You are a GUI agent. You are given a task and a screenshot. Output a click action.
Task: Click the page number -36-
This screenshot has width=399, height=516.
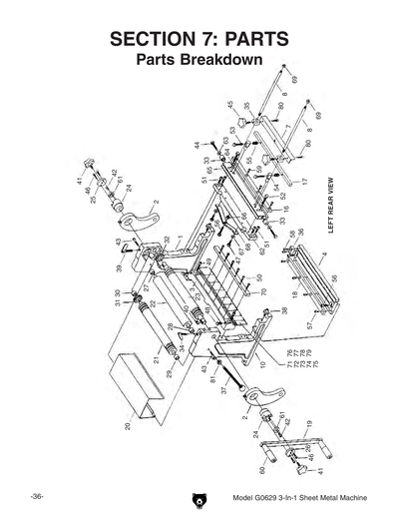[x=35, y=497]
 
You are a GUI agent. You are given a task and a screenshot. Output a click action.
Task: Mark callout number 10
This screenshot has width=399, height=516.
[x=263, y=365]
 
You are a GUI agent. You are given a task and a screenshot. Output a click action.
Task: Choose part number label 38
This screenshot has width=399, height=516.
[x=285, y=311]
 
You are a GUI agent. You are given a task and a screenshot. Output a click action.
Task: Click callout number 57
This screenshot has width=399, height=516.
[x=310, y=325]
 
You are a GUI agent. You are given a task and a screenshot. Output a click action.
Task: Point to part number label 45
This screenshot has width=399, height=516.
[x=230, y=105]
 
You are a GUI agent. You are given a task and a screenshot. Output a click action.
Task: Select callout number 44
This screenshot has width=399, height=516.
[x=198, y=146]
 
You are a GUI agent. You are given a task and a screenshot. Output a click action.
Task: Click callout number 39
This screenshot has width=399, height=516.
[x=119, y=268]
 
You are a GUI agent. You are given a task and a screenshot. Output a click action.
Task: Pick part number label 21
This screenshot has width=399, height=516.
[x=157, y=359]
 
